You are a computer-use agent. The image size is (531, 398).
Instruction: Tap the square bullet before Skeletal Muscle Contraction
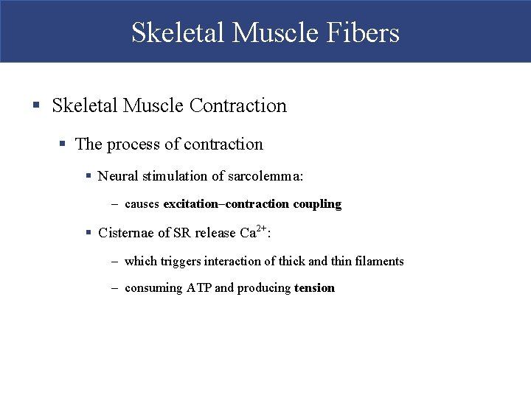[x=36, y=106]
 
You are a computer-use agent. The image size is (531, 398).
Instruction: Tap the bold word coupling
[x=317, y=204]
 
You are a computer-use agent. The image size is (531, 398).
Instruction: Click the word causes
[x=142, y=204]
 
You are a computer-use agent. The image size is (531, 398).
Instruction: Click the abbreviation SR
[x=181, y=233]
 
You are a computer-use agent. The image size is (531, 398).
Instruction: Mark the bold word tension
[x=314, y=288]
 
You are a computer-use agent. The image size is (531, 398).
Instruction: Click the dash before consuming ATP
[x=115, y=288]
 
